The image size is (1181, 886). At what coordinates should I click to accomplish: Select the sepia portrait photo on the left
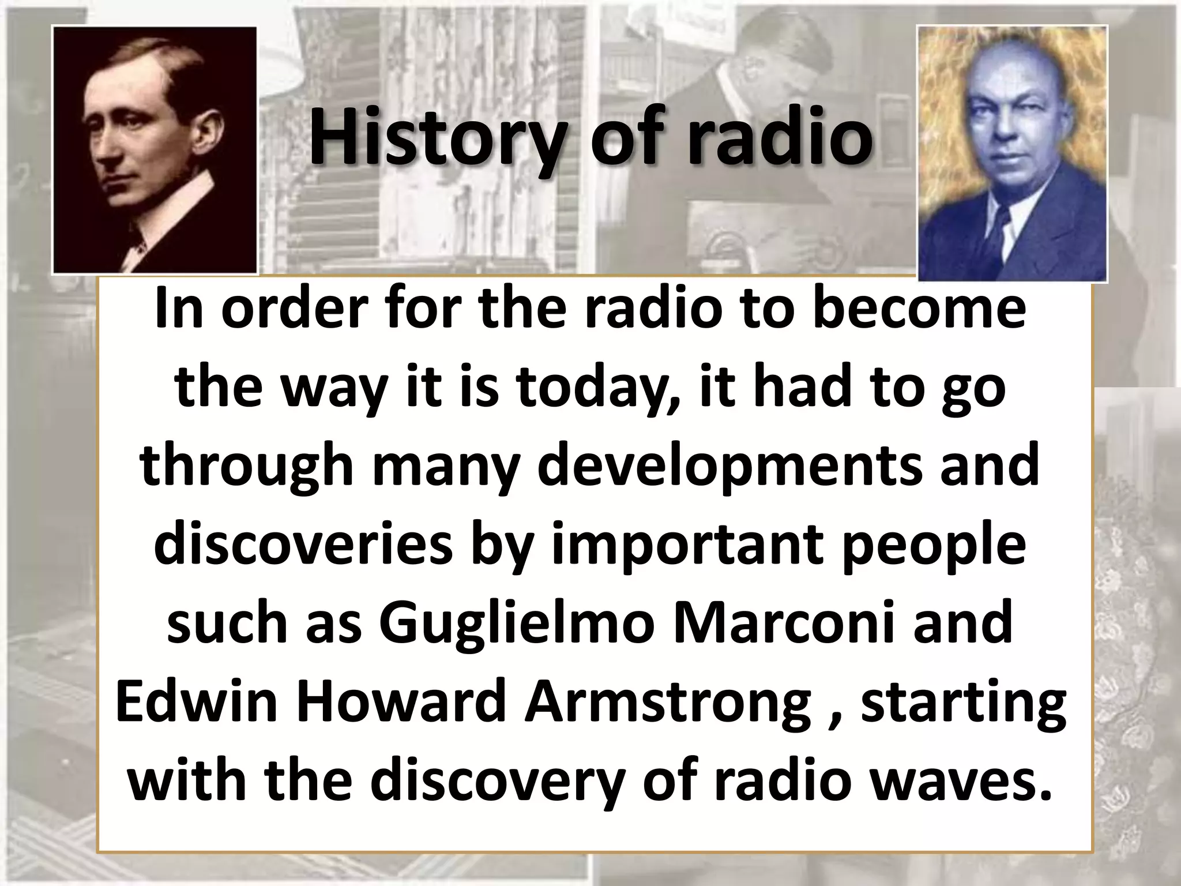[x=155, y=150]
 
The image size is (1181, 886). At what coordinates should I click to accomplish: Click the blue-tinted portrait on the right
[x=1012, y=153]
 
